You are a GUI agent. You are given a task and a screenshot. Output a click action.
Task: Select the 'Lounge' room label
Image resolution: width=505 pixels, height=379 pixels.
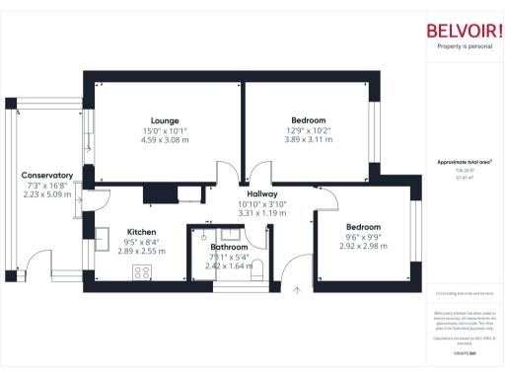[164, 120]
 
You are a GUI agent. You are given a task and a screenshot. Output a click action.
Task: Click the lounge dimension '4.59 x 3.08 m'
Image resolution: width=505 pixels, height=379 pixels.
[164, 140]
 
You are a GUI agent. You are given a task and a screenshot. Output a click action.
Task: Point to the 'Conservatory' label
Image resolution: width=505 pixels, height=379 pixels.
[47, 175]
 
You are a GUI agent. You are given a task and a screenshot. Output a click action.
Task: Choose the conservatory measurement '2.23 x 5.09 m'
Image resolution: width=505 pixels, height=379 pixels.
[47, 194]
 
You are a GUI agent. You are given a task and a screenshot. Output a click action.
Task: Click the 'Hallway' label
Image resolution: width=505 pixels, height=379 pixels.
[262, 194]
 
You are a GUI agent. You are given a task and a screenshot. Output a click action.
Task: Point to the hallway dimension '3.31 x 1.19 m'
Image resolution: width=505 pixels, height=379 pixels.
[262, 213]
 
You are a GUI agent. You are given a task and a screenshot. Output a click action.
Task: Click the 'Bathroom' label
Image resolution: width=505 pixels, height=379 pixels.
[229, 247]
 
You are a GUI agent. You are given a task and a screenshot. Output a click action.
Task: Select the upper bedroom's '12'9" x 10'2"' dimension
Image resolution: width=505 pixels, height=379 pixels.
[309, 130]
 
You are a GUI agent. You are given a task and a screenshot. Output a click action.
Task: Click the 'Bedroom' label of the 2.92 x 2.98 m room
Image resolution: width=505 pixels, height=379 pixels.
[363, 227]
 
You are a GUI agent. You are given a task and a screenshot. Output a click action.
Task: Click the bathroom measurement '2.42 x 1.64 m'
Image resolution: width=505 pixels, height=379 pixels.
[229, 265]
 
